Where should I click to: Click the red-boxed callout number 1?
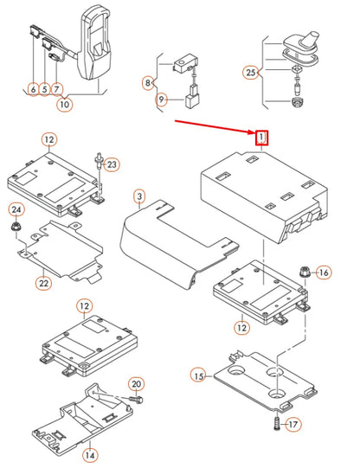tap(261, 138)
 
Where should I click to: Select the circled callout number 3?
tap(139, 196)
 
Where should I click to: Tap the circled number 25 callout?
tap(251, 73)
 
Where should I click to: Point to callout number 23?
tap(112, 164)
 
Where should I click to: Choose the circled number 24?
tap(16, 210)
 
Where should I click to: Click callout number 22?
tap(44, 283)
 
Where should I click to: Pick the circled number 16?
tap(324, 272)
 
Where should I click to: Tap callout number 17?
tap(293, 425)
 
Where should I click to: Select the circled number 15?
tap(198, 376)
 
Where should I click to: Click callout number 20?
tap(137, 384)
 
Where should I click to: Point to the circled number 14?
tap(90, 455)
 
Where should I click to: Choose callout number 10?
tap(64, 105)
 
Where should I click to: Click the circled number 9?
tap(162, 99)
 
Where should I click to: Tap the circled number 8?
tap(148, 83)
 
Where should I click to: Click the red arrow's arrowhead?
tap(251, 131)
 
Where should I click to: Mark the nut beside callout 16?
tap(305, 272)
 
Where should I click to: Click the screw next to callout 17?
tap(277, 424)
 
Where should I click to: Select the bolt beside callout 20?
tap(136, 399)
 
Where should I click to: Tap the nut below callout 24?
tap(15, 227)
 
